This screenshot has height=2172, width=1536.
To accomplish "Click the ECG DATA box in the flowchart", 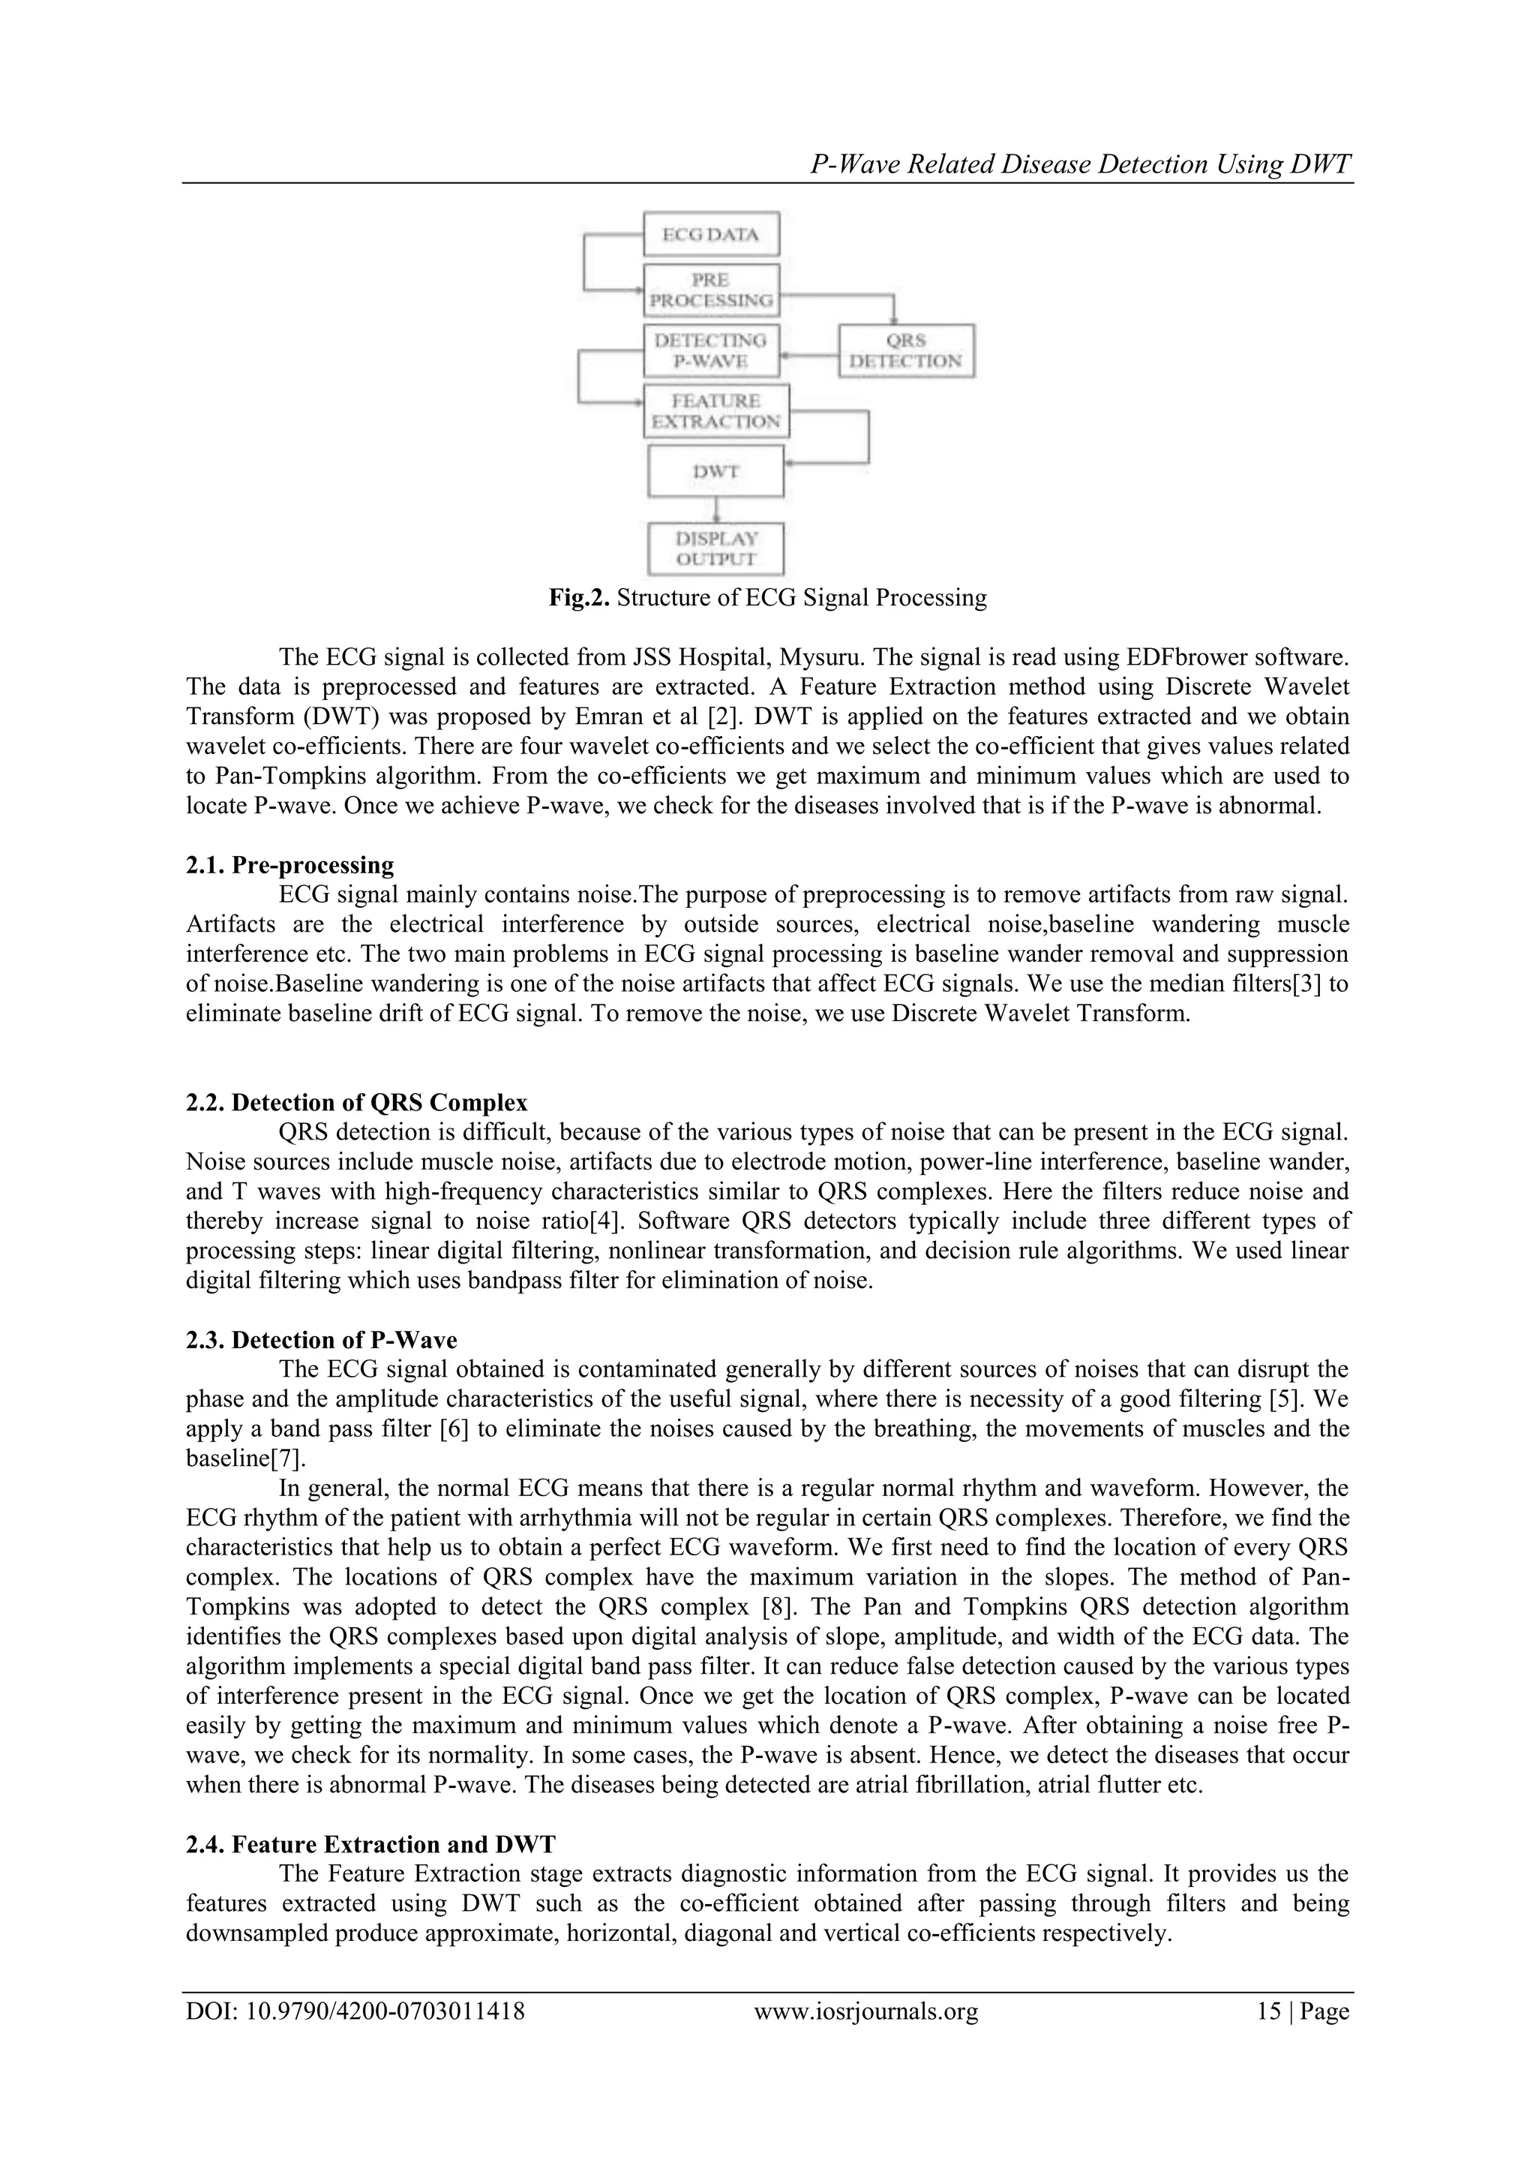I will click(710, 233).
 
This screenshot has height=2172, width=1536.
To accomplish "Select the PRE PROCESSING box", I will click(710, 290).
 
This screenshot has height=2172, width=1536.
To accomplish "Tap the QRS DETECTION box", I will click(906, 351).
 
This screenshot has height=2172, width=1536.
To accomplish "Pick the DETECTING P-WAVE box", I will click(710, 351).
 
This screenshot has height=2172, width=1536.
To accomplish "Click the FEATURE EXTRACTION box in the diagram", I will click(716, 410).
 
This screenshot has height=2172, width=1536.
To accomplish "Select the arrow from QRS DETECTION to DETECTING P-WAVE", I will click(809, 356).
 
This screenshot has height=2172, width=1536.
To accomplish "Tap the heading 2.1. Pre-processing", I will click(289, 864).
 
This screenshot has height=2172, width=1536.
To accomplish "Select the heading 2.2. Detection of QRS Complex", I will click(356, 1102).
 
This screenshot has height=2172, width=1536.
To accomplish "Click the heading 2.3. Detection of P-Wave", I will click(321, 1339).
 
